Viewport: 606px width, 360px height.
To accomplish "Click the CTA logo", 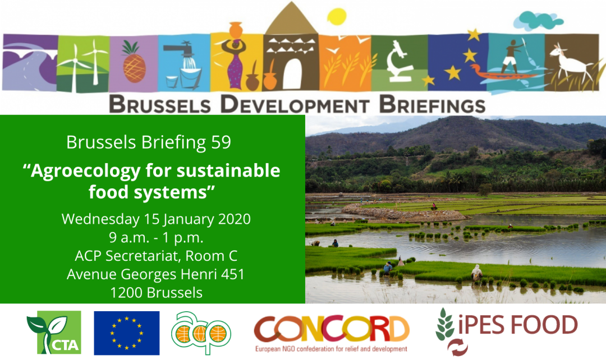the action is pyautogui.click(x=54, y=333).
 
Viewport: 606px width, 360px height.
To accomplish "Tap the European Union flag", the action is pyautogui.click(x=126, y=333).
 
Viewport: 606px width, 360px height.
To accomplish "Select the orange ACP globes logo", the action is pyautogui.click(x=201, y=333).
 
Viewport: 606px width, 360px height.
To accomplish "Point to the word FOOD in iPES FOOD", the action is pyautogui.click(x=544, y=325).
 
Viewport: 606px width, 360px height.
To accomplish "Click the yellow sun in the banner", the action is pyautogui.click(x=337, y=17).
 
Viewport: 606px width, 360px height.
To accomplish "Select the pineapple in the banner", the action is pyautogui.click(x=134, y=62).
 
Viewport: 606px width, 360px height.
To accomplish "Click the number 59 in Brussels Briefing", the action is pyautogui.click(x=221, y=142).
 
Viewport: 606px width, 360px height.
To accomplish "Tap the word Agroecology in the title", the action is pyautogui.click(x=85, y=171).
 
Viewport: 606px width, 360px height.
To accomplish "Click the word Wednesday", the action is pyautogui.click(x=100, y=219).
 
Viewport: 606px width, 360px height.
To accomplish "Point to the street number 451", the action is pyautogui.click(x=233, y=274).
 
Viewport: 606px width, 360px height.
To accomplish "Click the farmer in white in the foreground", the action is pyautogui.click(x=476, y=273).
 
